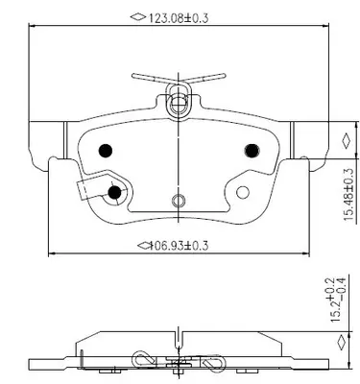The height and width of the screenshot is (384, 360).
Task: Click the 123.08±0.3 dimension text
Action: pyautogui.click(x=178, y=18)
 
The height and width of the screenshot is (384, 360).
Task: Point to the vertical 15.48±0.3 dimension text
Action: pyautogui.click(x=349, y=194)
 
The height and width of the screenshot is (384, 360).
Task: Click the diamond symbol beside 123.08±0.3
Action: pyautogui.click(x=138, y=16)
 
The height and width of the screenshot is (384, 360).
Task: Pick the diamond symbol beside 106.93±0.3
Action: pyautogui.click(x=144, y=246)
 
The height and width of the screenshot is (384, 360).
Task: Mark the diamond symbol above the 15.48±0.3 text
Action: pyautogui.click(x=347, y=141)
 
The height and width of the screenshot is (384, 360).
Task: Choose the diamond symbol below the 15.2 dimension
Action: pyautogui.click(x=342, y=343)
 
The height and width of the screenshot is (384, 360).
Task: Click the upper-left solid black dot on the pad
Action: pyautogui.click(x=106, y=150)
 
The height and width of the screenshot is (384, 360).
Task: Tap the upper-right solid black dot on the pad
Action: pyautogui.click(x=252, y=150)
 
